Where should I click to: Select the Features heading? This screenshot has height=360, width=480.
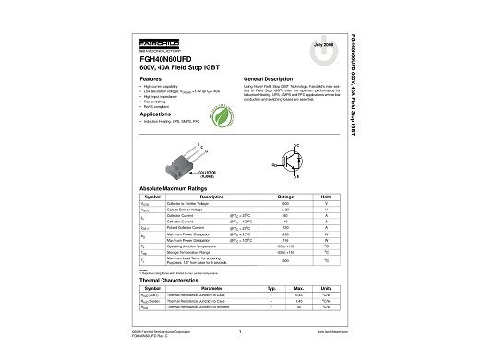click(x=150, y=80)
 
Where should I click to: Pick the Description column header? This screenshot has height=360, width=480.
click(x=211, y=197)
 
